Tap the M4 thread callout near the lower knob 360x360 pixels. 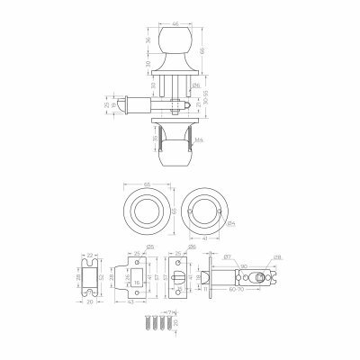[209, 139]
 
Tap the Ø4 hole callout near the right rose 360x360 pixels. [230, 222]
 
